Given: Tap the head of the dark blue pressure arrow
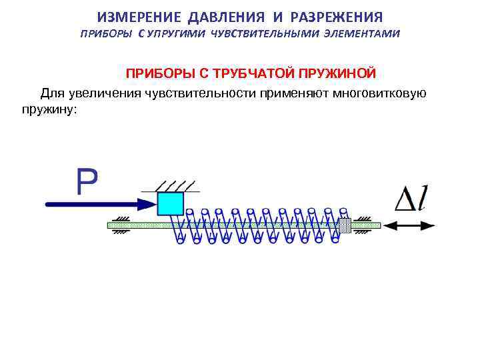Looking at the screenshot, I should click(x=147, y=203).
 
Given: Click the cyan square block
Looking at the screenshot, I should click(x=171, y=203).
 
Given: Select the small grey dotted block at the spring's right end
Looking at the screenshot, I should click(x=345, y=225).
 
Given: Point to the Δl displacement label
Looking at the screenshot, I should click(x=411, y=197).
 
